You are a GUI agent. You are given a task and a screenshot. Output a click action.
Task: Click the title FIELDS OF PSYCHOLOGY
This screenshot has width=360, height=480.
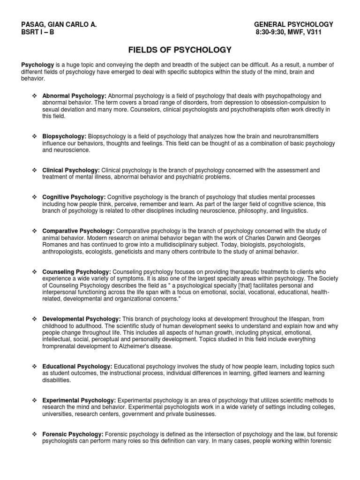pyautogui.click(x=180, y=49)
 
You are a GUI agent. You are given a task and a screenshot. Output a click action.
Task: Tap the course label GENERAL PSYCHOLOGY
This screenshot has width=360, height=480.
pyautogui.click(x=293, y=24)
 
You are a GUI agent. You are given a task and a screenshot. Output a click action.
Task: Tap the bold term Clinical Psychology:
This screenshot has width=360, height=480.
pyautogui.click(x=71, y=170)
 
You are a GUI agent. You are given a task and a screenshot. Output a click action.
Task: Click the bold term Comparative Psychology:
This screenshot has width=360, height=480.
pyautogui.click(x=78, y=231)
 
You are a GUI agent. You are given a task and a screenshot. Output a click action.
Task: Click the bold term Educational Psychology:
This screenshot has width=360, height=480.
pyautogui.click(x=77, y=366)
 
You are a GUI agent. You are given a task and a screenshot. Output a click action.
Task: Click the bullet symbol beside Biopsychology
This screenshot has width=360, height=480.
pyautogui.click(x=34, y=136)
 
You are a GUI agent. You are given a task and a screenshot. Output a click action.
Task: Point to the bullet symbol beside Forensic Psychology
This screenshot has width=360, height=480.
pyautogui.click(x=34, y=435)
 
